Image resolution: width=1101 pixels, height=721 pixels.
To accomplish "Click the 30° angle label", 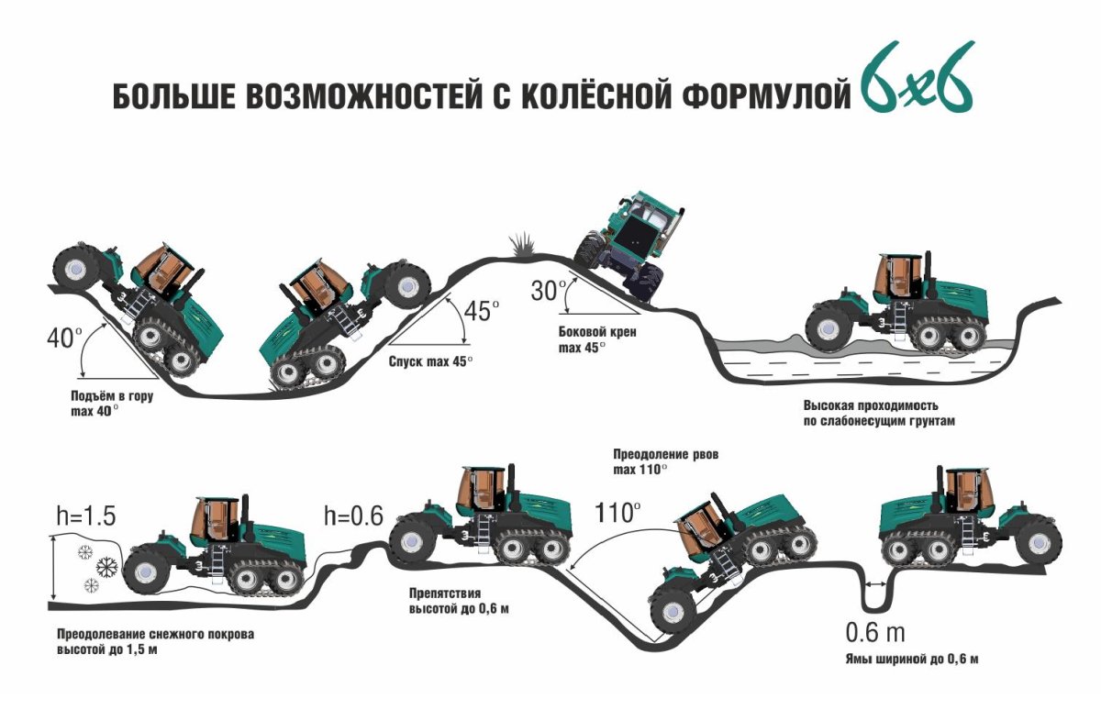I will tap(550, 291).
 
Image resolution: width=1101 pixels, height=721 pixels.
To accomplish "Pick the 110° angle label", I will tap(616, 512).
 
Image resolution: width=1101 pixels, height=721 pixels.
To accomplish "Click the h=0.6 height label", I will tap(352, 516).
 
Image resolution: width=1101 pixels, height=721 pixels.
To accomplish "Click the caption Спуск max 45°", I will tap(430, 361).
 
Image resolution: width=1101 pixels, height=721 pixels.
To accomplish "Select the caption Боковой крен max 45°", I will tap(596, 340).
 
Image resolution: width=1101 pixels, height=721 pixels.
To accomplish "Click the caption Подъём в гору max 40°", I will tap(107, 404).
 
